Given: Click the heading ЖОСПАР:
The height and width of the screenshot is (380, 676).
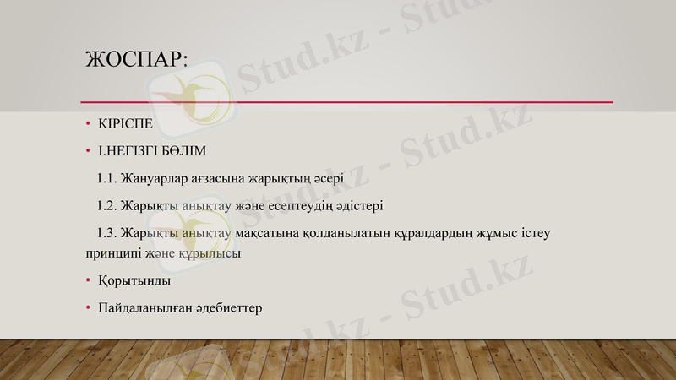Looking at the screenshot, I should [136, 60].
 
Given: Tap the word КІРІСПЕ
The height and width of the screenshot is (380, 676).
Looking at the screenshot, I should [126, 124].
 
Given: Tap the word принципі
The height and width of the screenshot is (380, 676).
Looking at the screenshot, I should [113, 252].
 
